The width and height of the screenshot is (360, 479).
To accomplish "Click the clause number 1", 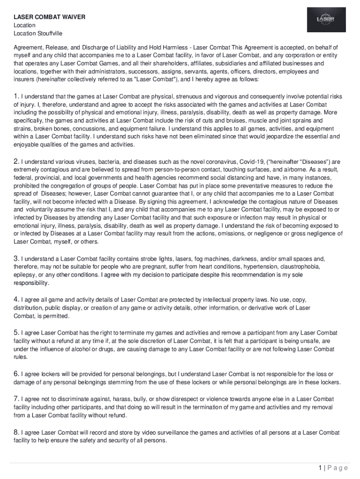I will [16, 97].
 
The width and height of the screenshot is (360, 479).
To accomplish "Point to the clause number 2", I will [16, 162].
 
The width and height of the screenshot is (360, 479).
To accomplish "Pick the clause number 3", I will [16, 258].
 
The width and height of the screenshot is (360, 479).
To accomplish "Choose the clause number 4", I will [16, 299].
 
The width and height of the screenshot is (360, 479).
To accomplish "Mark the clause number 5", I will [16, 332].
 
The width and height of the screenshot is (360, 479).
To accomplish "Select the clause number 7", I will [16, 399].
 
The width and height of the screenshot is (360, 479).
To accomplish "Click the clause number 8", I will [16, 433].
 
